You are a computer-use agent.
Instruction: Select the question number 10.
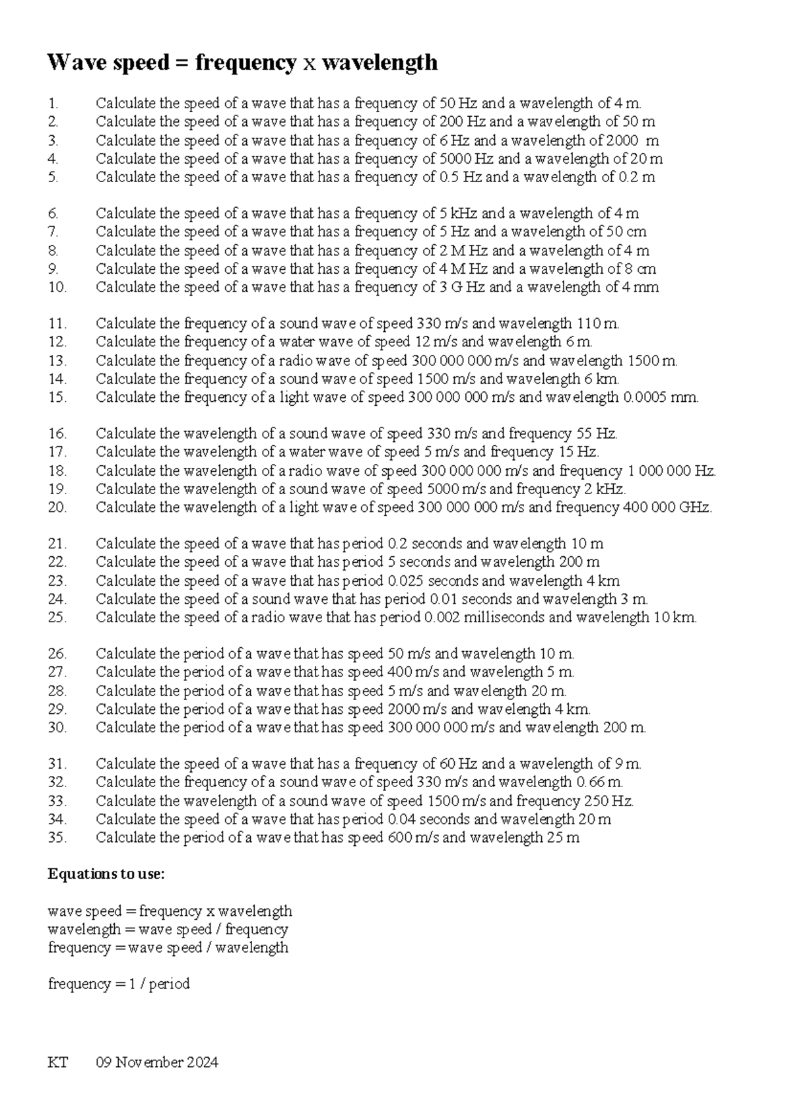tap(57, 287)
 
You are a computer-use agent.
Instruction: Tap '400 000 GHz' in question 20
tap(665, 507)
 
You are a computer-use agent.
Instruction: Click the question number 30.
tap(57, 727)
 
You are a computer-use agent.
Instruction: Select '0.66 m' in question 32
tap(599, 783)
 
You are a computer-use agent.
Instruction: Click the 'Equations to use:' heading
tap(106, 874)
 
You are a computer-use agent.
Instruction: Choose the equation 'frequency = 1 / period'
tap(119, 984)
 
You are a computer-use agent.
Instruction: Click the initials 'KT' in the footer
tap(58, 1062)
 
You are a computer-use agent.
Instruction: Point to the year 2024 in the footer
tap(203, 1062)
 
